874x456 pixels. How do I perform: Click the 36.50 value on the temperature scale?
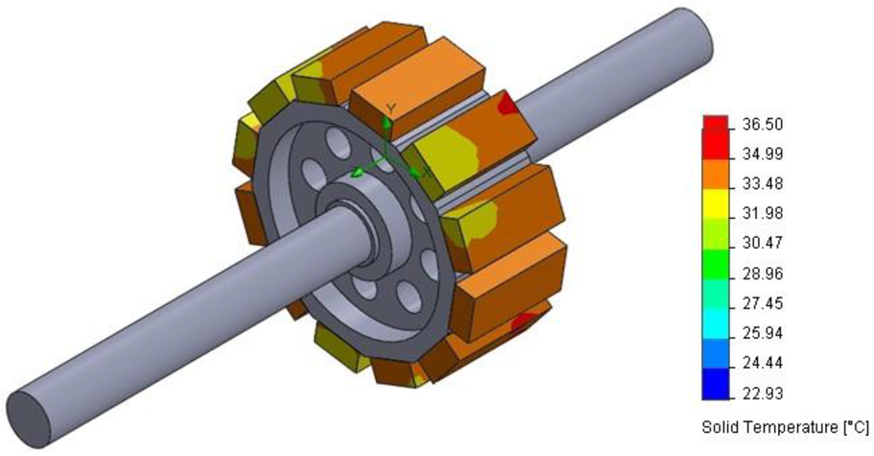(763, 124)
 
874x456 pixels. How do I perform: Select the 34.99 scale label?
(763, 155)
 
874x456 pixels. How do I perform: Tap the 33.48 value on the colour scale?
(763, 184)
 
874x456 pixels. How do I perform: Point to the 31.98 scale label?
(763, 214)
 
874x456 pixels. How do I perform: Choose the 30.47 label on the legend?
(763, 244)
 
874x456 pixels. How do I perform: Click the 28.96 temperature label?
(763, 275)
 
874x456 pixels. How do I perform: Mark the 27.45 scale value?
(763, 303)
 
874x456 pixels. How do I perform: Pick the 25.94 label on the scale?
(763, 334)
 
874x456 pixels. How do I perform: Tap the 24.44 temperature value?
(763, 364)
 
